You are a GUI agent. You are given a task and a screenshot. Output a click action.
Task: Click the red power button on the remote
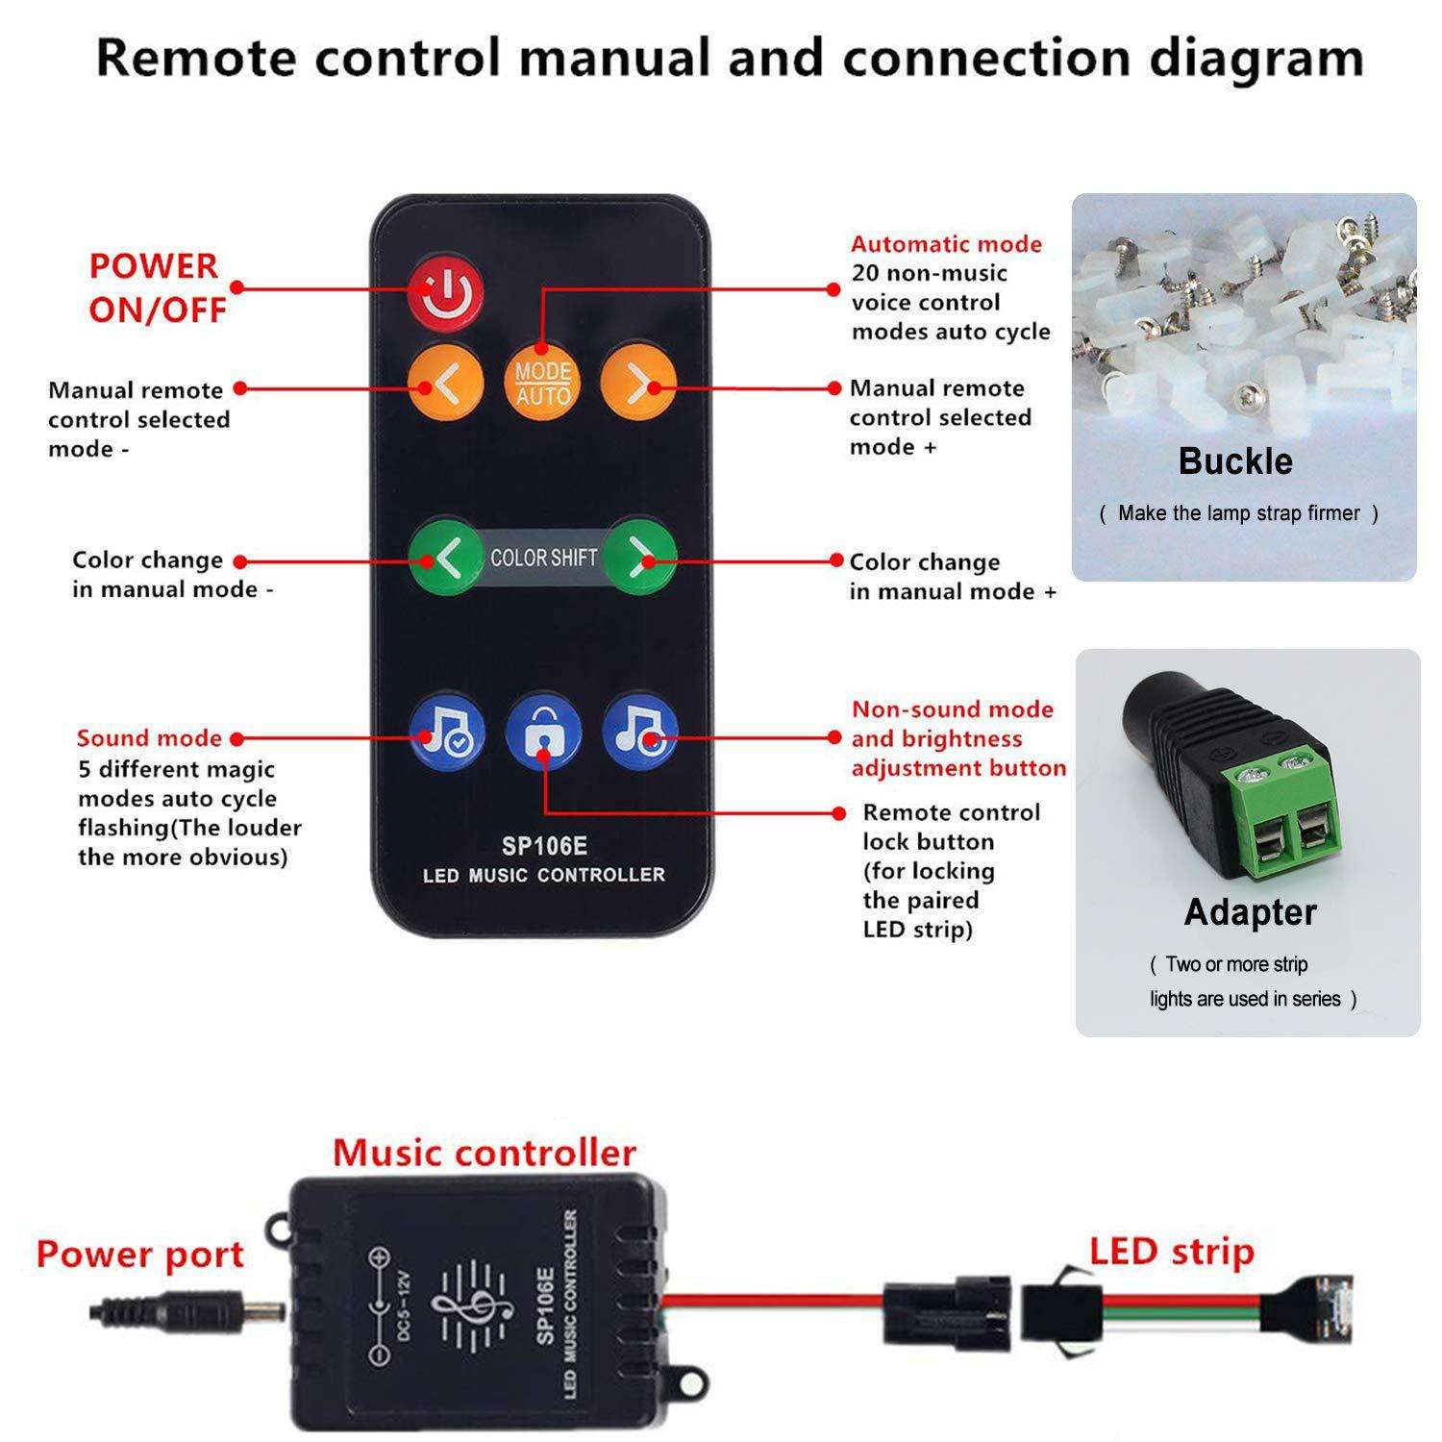coord(445,294)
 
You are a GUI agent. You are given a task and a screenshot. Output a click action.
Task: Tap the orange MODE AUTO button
coord(542,383)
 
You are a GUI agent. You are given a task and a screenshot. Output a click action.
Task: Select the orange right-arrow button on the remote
coord(638,383)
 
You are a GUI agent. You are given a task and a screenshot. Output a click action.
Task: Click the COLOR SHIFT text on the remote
coord(543,558)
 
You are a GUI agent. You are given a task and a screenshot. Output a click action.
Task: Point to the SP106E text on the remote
coord(544,846)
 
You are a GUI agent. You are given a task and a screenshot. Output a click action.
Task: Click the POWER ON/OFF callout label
coord(158,287)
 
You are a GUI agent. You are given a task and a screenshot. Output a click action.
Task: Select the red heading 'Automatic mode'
coord(946,244)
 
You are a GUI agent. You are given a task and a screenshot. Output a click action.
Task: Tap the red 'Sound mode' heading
coord(149,738)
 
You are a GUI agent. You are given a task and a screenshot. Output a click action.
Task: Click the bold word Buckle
coord(1235,461)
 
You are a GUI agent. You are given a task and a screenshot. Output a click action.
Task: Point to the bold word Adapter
coord(1250,911)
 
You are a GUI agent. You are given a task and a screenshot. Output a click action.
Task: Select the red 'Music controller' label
coord(485,1152)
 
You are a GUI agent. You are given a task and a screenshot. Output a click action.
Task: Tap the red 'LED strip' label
coord(1172,1252)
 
